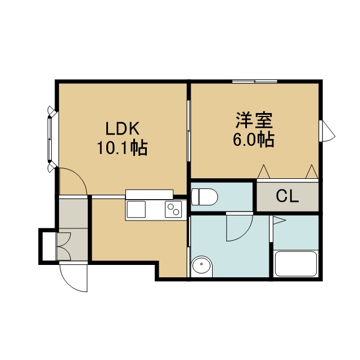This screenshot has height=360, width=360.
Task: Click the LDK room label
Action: point(123,129)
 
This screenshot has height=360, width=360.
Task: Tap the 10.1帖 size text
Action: point(122,148)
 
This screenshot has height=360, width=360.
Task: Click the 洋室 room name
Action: point(254,120)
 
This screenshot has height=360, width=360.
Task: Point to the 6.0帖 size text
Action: point(254,139)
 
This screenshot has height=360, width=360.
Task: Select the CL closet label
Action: point(287,196)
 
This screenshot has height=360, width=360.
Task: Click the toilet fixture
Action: point(204,197)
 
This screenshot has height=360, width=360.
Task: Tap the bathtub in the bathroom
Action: point(296,264)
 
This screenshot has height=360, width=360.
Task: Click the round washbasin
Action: point(201,266)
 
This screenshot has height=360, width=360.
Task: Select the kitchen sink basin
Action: point(136,209)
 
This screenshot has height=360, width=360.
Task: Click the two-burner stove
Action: point(173,209)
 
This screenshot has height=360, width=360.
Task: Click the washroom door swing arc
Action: point(246,234)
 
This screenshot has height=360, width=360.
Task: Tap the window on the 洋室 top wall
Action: point(255,81)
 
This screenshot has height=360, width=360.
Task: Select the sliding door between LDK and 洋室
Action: point(188,131)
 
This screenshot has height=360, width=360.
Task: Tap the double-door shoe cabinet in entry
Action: point(64,246)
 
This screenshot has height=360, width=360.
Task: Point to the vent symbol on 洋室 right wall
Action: point(327,131)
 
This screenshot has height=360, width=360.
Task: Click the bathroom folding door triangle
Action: point(279,220)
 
